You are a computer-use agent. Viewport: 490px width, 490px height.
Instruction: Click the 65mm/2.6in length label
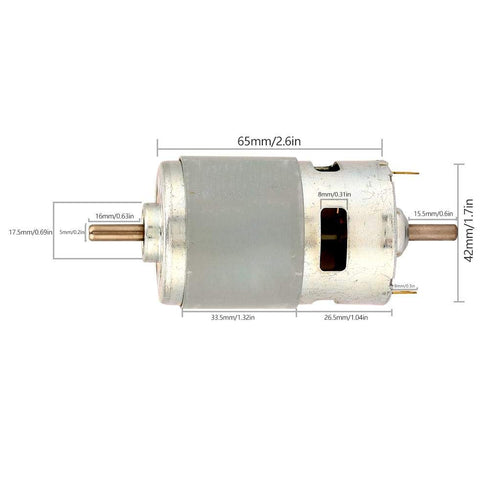270,141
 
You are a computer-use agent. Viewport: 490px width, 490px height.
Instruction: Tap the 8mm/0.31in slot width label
332,195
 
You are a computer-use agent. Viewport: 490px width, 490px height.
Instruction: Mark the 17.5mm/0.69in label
30,232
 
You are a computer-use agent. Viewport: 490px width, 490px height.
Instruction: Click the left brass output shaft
115,232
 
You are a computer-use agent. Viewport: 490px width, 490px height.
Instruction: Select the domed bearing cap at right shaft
398,231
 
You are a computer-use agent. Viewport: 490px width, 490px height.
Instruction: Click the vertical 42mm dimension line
457,231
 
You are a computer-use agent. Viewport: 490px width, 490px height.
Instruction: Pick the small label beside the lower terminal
405,286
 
